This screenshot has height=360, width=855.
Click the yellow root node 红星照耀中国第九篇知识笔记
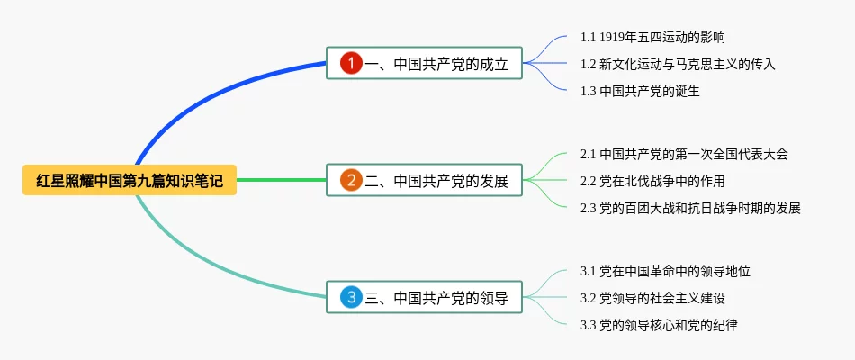(130, 180)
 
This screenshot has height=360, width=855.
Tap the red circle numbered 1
(351, 63)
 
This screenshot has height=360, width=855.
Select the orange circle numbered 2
(351, 180)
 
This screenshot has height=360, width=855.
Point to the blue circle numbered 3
(351, 297)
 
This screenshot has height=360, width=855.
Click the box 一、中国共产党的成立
(424, 63)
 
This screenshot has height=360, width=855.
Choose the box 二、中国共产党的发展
(424, 180)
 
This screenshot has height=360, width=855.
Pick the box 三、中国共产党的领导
(424, 297)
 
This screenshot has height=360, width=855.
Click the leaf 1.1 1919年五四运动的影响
(652, 37)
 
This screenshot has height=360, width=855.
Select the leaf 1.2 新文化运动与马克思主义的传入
(678, 65)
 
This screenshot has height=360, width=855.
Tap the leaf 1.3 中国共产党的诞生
(640, 91)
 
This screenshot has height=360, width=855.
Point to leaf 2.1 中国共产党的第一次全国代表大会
(684, 155)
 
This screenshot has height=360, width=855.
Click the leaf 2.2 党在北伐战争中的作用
(652, 181)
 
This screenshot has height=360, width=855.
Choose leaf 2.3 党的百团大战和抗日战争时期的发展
(690, 208)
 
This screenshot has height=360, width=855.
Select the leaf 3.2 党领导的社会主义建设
(652, 298)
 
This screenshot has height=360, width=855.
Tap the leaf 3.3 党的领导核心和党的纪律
(659, 326)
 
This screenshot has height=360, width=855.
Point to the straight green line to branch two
(282, 180)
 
